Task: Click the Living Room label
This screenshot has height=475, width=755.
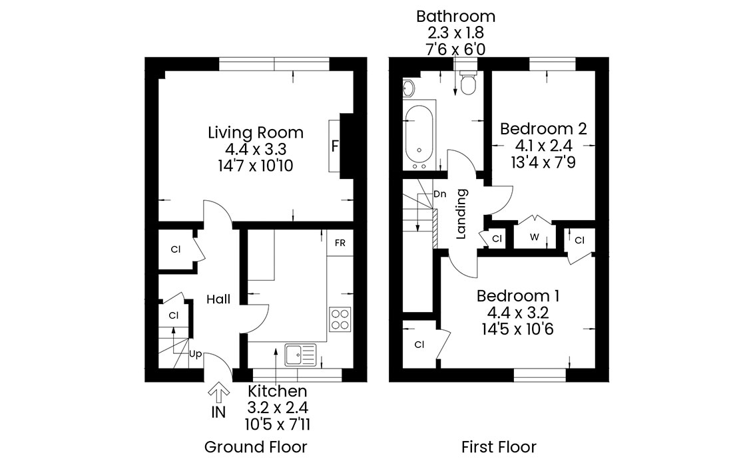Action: [256, 132]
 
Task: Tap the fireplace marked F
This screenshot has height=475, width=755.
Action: [335, 145]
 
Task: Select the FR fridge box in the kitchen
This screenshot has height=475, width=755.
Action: [340, 243]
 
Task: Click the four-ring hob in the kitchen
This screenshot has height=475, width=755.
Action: [340, 319]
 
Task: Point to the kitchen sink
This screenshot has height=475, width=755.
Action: [300, 355]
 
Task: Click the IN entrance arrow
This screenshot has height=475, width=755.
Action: [218, 393]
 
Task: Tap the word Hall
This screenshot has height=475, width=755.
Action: [218, 299]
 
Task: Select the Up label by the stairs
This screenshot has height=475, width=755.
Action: [195, 354]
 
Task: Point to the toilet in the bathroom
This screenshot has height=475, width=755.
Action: [468, 82]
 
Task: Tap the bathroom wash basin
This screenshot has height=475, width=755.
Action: [409, 88]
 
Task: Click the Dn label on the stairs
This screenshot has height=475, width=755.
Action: [439, 194]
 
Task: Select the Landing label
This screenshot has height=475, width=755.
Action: [461, 214]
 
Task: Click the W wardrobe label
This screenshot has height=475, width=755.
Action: [535, 237]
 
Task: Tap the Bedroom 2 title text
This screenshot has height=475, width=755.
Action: [543, 128]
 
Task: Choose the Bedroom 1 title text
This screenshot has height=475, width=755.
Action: [518, 295]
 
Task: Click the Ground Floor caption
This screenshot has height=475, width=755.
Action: [256, 446]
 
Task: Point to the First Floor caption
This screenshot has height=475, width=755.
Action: [499, 446]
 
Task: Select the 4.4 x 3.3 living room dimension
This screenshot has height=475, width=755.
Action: [256, 149]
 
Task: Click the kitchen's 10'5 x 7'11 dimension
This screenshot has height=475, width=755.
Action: [278, 424]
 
